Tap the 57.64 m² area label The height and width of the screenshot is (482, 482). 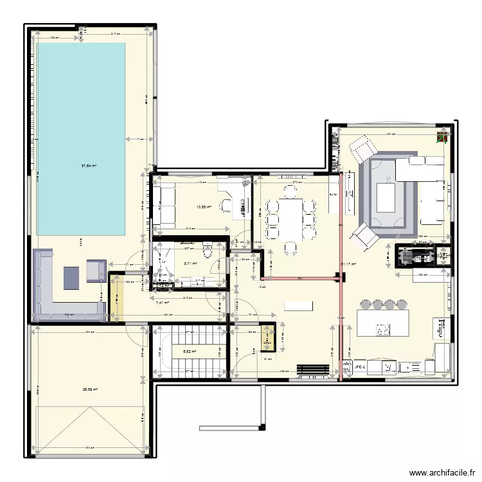89,166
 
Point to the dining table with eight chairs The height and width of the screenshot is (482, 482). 291,218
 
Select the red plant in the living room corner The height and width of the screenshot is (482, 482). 442,138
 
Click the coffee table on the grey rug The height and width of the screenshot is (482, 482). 386,197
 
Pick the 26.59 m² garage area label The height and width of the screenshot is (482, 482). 88,389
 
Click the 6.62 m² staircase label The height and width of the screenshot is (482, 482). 189,352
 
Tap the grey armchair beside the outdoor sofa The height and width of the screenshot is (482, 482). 96,271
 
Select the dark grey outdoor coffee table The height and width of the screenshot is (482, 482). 71,276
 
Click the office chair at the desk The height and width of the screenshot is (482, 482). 228,205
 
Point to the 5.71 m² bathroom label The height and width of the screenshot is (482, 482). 190,263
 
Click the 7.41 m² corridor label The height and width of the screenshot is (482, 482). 163,302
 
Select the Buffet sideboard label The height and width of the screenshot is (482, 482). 333,195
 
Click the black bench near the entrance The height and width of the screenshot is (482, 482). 312,369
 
